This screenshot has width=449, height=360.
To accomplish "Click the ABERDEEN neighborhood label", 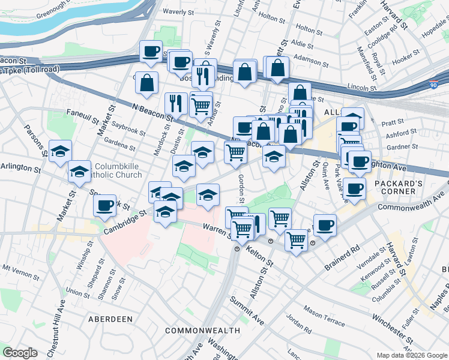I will click(111, 319).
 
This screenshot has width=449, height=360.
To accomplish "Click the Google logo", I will click(20, 353).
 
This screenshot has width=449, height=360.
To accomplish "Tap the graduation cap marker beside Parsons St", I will click(60, 152).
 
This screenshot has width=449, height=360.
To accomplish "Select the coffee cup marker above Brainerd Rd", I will click(325, 226).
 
